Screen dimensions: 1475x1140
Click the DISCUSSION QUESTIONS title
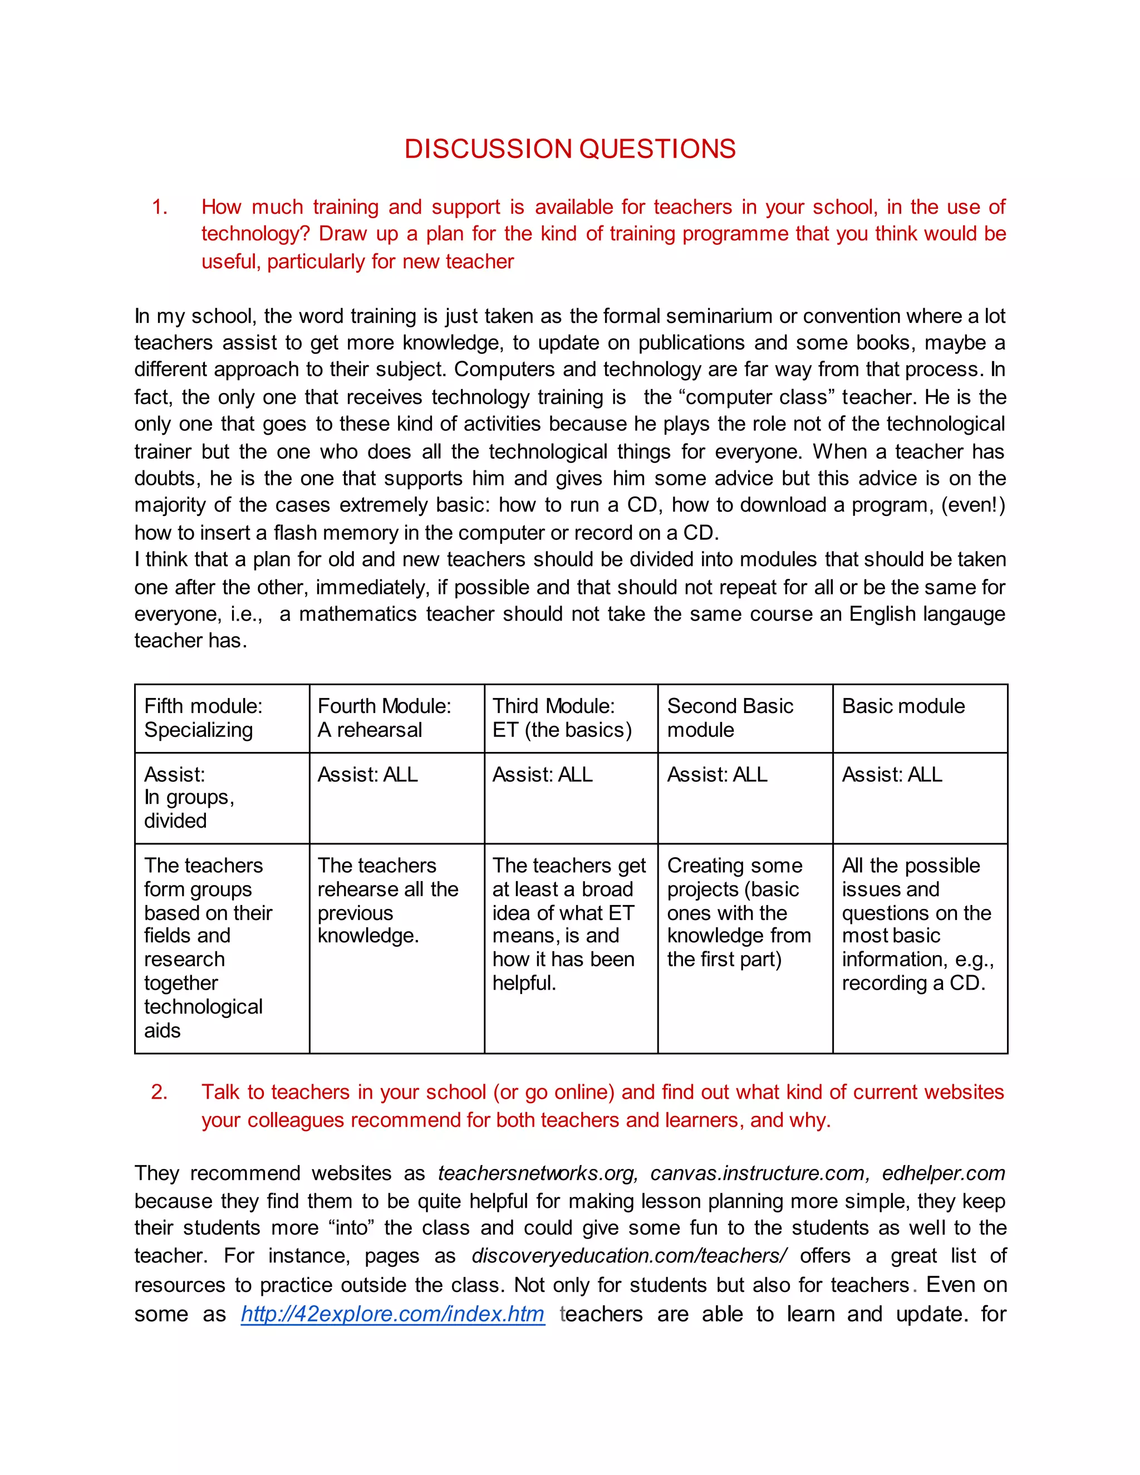pos(569,149)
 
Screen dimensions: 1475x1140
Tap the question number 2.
pos(159,1092)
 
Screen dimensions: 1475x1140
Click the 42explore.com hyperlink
pos(392,1314)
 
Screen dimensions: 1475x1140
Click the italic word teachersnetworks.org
pos(538,1173)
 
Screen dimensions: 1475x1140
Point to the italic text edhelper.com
pos(944,1173)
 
